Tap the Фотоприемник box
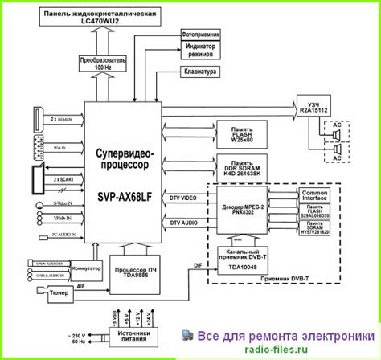tap(199, 35)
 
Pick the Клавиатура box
tap(199, 71)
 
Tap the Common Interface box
tap(314, 196)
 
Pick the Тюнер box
tap(57, 294)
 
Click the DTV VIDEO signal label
tap(182, 198)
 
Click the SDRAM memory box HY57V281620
tap(314, 229)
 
